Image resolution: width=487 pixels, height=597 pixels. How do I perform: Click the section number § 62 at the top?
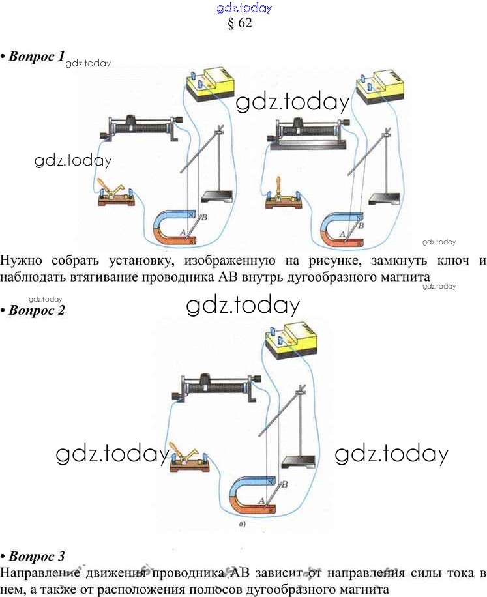[239, 24]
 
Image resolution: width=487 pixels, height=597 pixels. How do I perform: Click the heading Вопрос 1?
[37, 57]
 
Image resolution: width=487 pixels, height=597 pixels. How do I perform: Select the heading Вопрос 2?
[37, 310]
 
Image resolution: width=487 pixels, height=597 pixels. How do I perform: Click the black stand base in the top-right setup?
[385, 199]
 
